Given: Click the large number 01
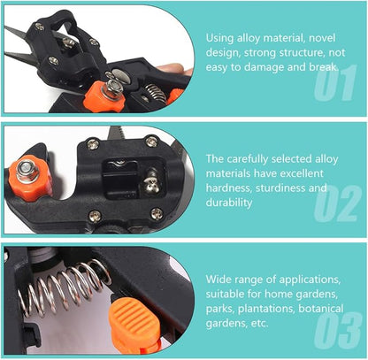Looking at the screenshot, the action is [x=334, y=82].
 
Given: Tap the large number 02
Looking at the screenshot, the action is [x=338, y=203].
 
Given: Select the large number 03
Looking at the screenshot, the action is [x=338, y=330].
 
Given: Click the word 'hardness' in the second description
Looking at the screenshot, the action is [x=228, y=188].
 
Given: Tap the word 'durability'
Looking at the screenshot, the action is [x=229, y=203].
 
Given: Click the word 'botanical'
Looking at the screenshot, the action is [x=321, y=309].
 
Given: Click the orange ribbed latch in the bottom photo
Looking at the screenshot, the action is [x=134, y=321].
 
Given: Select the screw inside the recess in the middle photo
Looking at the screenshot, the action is [x=151, y=180].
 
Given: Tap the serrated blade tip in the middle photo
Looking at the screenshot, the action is [x=118, y=133].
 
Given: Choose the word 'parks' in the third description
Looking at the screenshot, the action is [x=220, y=309].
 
